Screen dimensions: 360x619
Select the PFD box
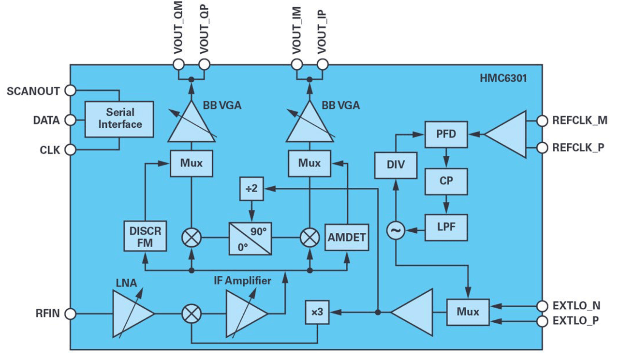445,134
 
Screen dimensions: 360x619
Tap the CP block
445,181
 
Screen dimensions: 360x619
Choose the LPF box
445,226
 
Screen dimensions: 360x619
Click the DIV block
396,165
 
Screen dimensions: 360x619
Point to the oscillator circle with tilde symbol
396,231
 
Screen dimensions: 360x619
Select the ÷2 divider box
251,189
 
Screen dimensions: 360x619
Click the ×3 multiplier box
317,313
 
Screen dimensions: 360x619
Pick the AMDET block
346,237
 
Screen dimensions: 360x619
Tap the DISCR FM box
145,236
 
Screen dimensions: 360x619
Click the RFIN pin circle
71,314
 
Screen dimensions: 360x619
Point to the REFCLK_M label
579,120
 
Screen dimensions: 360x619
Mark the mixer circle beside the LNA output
192,314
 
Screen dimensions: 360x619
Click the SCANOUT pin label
33,91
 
